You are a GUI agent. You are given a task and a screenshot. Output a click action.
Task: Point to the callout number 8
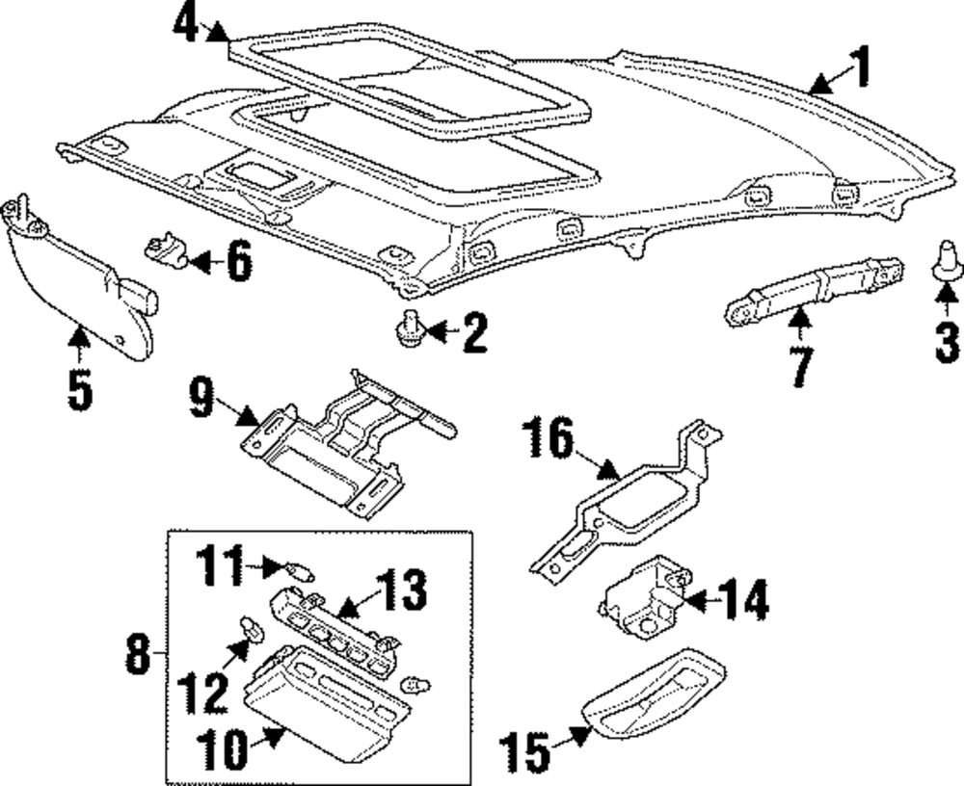tap(141, 657)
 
